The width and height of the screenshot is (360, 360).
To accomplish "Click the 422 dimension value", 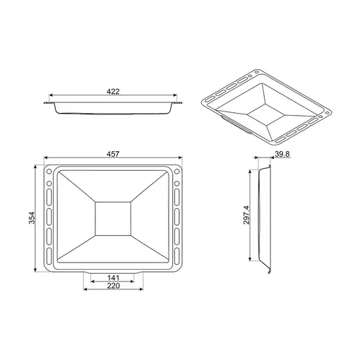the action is [x=113, y=91].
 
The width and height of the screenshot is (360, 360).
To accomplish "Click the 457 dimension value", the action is [x=113, y=154].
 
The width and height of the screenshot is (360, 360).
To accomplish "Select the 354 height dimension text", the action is [x=32, y=218].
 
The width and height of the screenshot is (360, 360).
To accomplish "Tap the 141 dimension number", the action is [x=114, y=278].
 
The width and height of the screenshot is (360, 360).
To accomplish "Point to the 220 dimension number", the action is [x=114, y=286].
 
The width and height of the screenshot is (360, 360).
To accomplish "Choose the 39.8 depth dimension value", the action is [x=282, y=154].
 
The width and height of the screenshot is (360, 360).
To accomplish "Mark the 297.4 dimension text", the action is [x=246, y=215].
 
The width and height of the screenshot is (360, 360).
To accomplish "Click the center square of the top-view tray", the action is [x=113, y=218].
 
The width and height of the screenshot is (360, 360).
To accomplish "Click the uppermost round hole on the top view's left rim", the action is [x=49, y=172].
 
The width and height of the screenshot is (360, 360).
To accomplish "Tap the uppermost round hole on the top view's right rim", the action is [x=177, y=172].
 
